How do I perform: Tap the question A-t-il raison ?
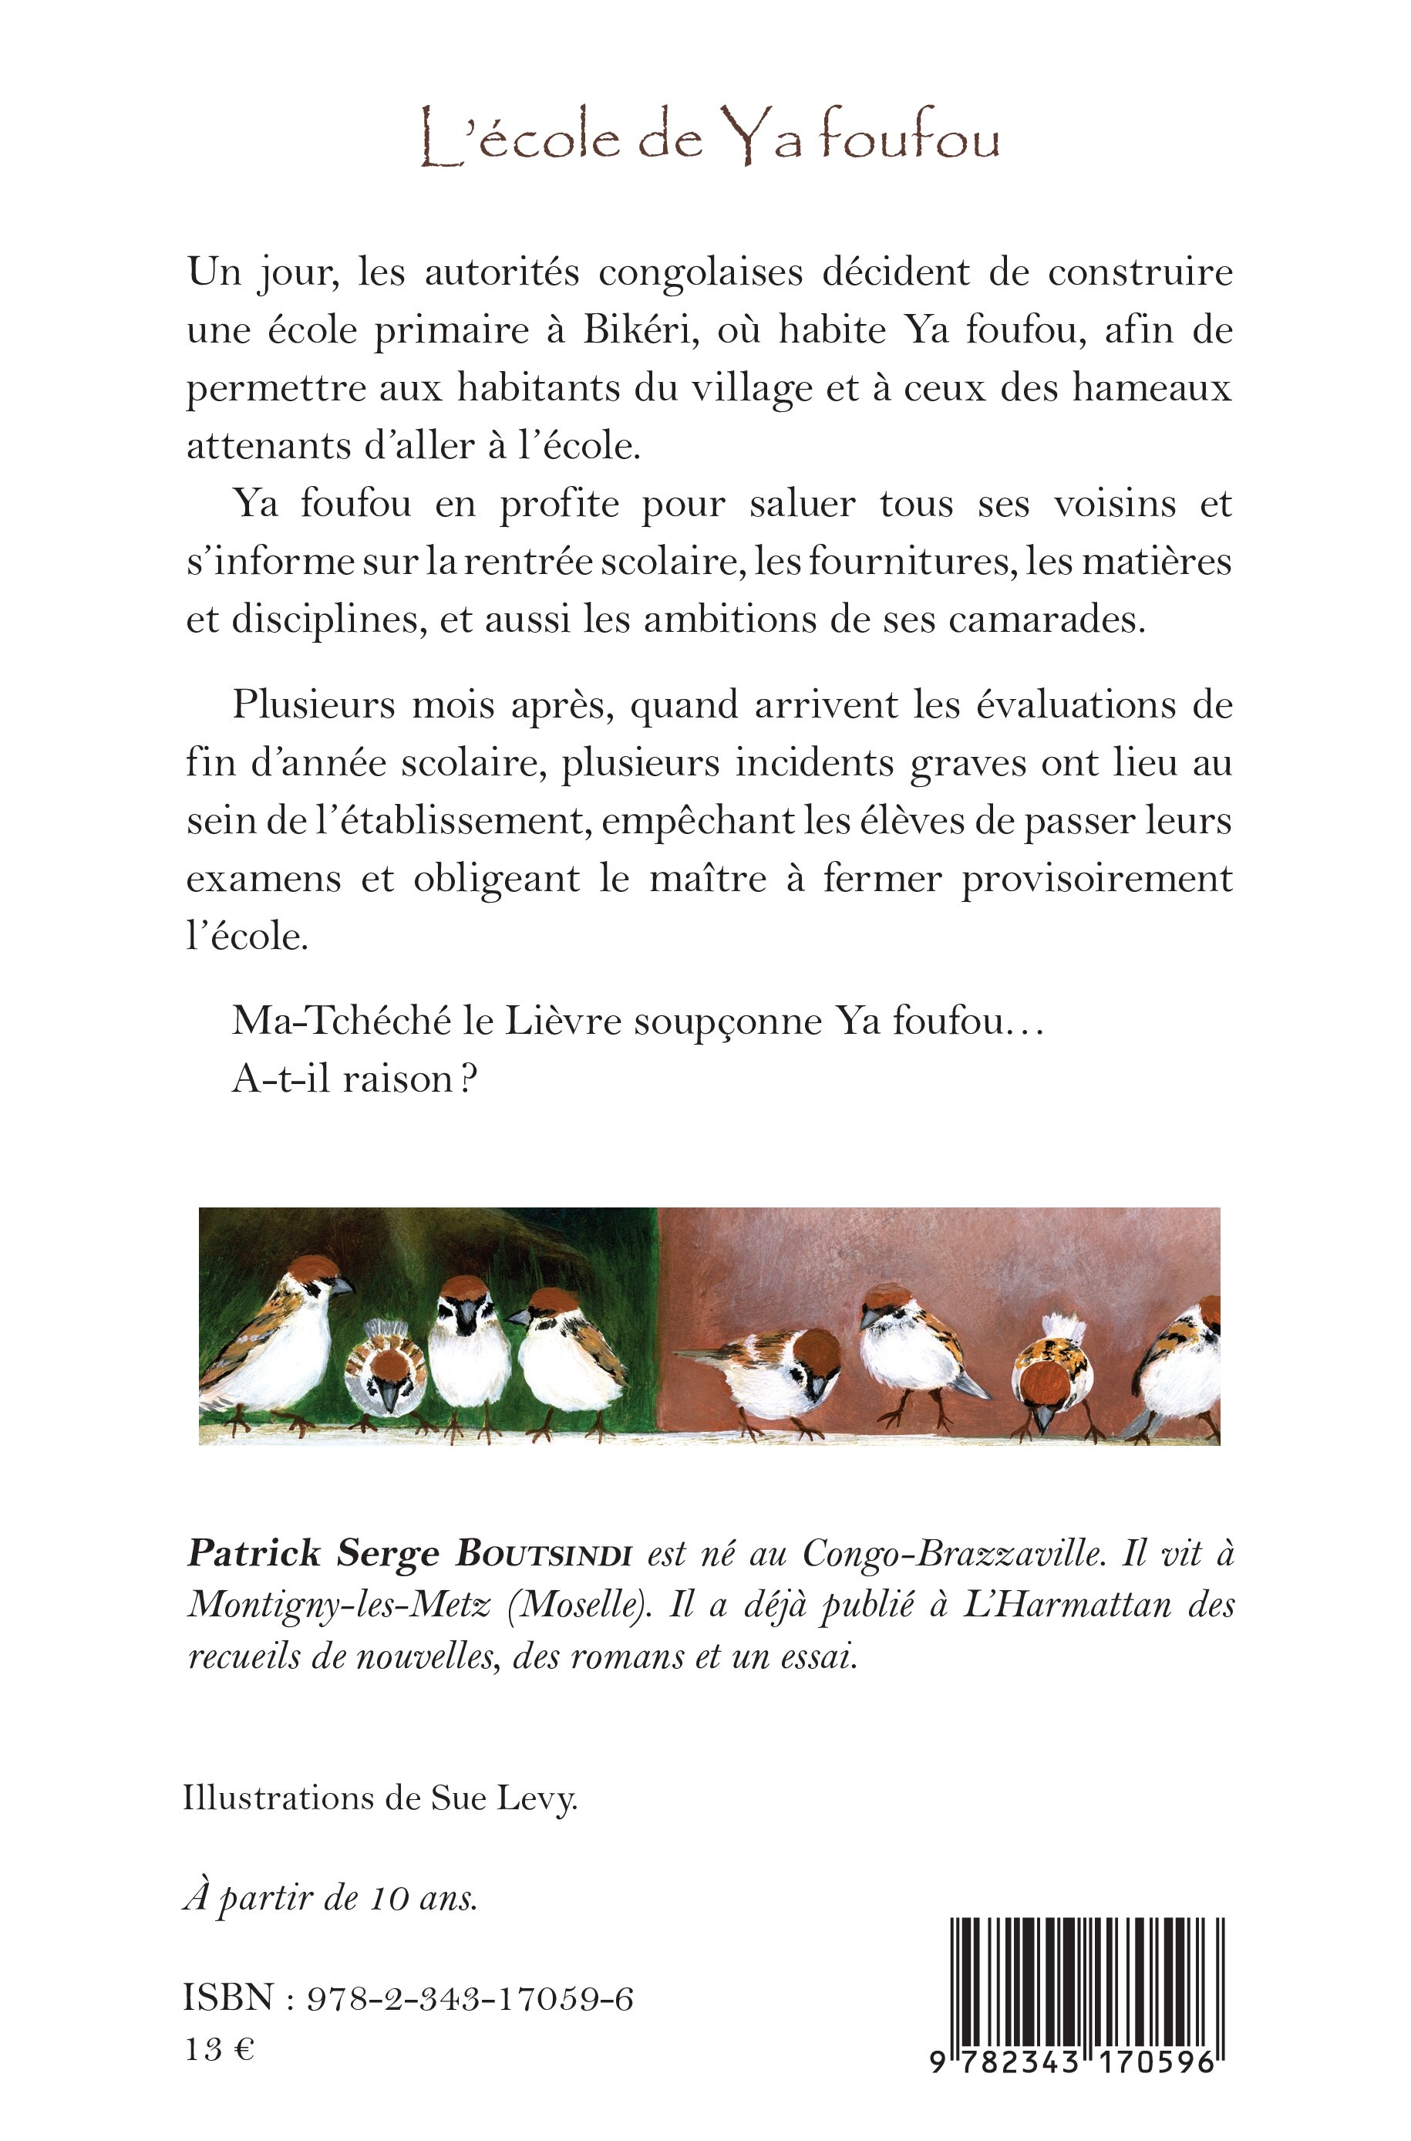[x=354, y=1079]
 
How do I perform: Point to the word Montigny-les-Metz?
[x=338, y=1607]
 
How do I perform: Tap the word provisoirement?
[x=1096, y=880]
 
